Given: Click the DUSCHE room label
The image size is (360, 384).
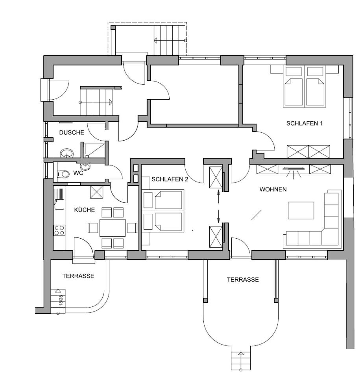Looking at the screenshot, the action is pos(72,132).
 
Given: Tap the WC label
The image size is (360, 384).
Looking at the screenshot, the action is pos(78,173).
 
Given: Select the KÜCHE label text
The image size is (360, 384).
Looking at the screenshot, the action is pos(84,210).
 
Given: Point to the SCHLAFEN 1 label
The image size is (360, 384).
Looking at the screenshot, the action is pos(305,123).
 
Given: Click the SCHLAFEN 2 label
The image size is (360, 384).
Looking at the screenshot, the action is pos(170,179).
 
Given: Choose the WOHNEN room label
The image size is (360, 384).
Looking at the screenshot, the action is pos(273,189).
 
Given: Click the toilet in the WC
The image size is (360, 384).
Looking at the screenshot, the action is pos(63,174).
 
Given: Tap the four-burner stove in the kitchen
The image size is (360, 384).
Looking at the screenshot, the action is pos(59,230).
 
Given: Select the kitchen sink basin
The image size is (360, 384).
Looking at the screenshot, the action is pos(59,204).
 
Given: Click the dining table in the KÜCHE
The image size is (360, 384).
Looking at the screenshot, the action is pos(113,228).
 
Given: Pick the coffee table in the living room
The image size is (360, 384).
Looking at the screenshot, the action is pos(301,210).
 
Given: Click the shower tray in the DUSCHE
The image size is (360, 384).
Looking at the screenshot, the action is pos(94,150).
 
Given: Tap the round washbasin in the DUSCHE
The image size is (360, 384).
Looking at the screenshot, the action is pos(67,153).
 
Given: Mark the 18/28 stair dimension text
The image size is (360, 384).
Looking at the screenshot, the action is pos(61,299).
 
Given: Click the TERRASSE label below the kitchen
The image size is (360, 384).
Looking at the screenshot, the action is pos(78,276).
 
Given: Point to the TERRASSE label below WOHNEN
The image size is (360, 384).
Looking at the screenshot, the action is pos(243,280).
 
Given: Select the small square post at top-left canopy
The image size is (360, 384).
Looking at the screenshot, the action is pos(113,28).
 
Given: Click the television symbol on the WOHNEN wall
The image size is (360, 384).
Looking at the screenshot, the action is pos(294,169).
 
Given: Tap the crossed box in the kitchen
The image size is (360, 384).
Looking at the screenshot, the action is pos(97,192).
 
